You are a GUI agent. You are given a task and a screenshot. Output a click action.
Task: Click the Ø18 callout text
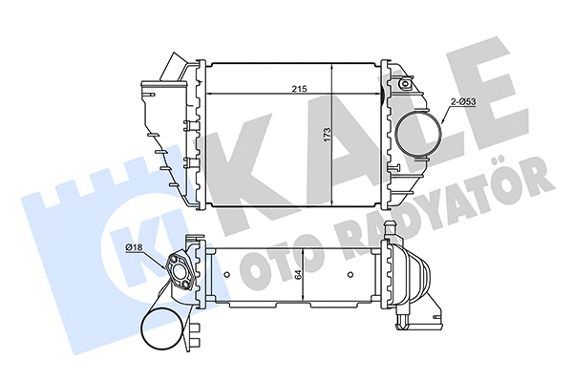tap(136, 250)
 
